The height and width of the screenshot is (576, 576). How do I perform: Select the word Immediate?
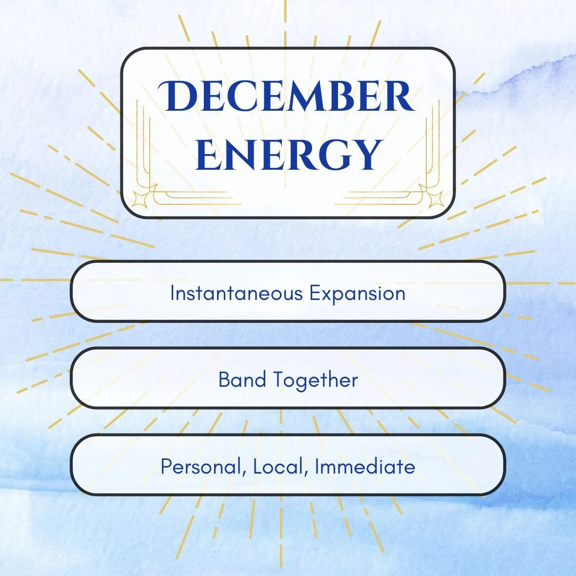(x=365, y=467)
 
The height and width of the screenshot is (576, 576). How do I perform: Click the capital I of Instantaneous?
(x=173, y=294)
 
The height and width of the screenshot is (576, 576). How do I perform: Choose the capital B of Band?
(x=224, y=380)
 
